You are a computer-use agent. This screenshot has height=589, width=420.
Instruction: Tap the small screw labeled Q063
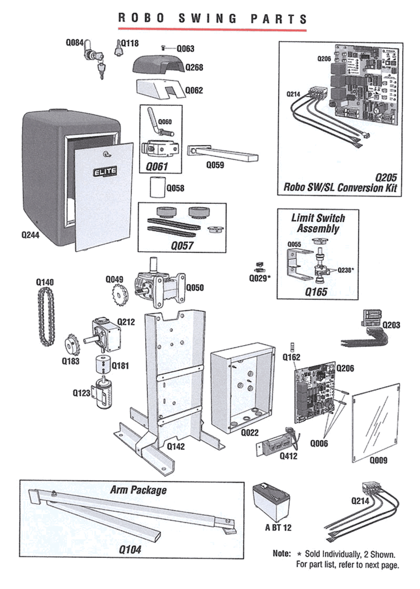[163, 48]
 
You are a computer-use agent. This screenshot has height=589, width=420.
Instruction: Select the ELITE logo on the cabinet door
[105, 172]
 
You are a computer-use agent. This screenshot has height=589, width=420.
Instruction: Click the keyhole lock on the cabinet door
[107, 155]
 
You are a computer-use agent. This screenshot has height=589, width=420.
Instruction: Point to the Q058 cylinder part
[156, 188]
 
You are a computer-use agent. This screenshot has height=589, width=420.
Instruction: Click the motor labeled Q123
[104, 392]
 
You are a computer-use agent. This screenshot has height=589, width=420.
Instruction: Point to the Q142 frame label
[176, 446]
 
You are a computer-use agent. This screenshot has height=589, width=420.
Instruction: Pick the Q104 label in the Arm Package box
[130, 549]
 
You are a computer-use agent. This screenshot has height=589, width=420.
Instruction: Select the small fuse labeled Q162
[292, 346]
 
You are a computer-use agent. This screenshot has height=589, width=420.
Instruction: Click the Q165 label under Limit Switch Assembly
[317, 291]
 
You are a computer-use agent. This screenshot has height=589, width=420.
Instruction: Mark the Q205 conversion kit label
[385, 177]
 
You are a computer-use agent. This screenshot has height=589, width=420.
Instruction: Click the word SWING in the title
[207, 18]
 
